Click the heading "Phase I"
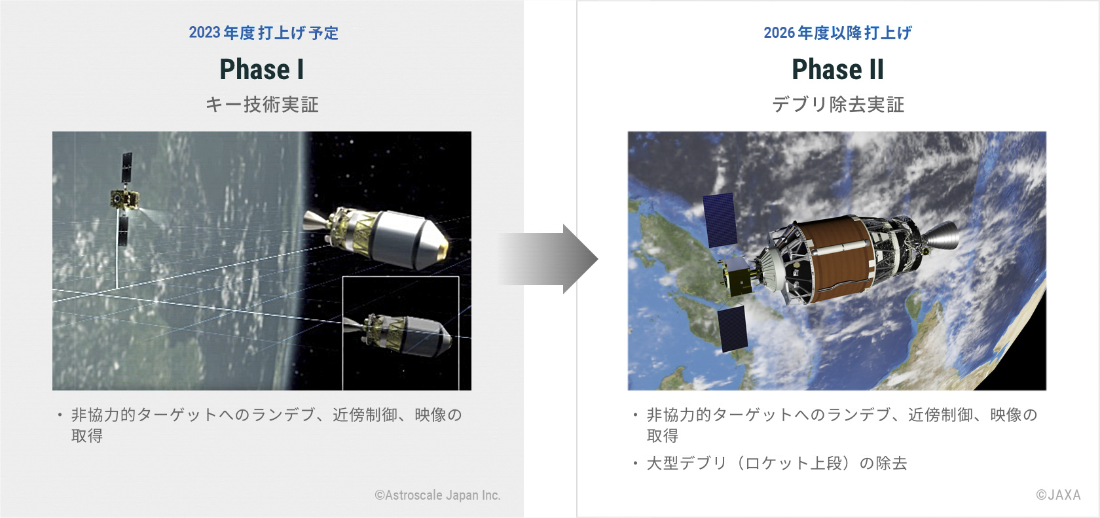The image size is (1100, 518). [262, 69]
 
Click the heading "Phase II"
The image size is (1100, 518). [838, 69]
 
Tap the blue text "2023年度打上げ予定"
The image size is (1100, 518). [264, 33]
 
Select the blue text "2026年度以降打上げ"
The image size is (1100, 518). [838, 33]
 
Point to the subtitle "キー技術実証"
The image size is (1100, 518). [262, 105]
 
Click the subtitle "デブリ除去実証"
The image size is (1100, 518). [838, 105]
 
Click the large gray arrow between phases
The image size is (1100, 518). [549, 259]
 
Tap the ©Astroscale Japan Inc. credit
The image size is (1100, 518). [437, 495]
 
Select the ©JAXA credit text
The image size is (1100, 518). [1058, 495]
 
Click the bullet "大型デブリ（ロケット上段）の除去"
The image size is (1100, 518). [777, 463]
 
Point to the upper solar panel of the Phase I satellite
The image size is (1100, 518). [127, 170]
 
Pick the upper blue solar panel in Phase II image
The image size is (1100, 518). [720, 220]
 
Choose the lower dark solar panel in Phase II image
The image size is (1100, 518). [733, 328]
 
